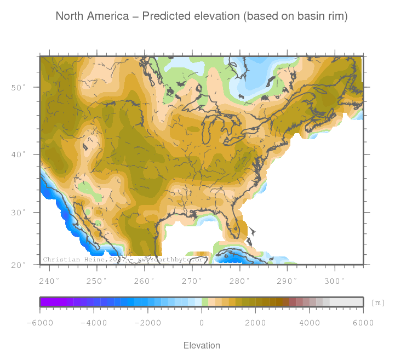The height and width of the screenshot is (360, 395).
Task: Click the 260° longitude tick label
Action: point(145,281)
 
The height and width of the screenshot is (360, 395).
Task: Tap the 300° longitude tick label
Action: point(335,281)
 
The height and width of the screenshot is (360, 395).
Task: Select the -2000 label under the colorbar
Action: point(147,323)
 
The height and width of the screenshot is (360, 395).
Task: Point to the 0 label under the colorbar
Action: point(202,323)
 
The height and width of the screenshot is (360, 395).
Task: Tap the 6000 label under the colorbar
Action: point(363,323)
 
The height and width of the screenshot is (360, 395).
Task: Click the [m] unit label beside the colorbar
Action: point(378,302)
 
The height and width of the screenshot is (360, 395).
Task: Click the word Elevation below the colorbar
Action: point(202,345)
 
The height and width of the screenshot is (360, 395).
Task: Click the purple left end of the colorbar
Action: point(47,302)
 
